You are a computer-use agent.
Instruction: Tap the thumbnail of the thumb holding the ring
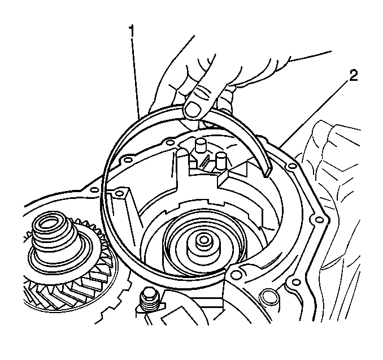coord(193,109)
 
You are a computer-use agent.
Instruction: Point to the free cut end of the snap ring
coord(267,172)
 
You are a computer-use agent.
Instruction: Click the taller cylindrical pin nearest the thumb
coord(201,146)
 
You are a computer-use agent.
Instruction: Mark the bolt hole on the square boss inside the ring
coord(119,194)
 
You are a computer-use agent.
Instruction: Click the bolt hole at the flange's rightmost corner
coord(319,220)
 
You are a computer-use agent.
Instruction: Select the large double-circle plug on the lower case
coord(268,297)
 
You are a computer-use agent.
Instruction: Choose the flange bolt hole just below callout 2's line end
coord(291,167)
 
